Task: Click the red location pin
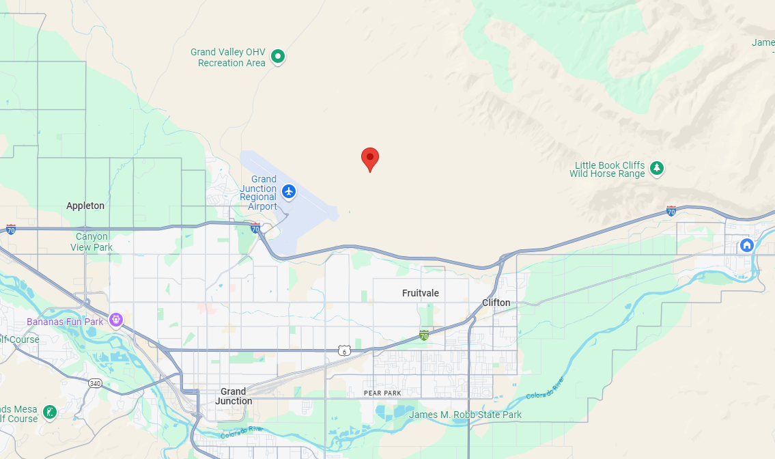(x=370, y=158)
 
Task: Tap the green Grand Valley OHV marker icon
(x=278, y=57)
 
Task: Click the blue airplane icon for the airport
(x=289, y=191)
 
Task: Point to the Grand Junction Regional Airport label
(x=258, y=193)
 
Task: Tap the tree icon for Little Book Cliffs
(x=657, y=167)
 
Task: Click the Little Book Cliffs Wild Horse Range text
(x=610, y=169)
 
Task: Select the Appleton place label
(x=85, y=206)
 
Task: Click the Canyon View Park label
(x=91, y=242)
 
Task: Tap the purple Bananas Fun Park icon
(x=115, y=319)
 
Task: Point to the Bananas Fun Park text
(x=65, y=322)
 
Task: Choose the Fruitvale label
(x=421, y=293)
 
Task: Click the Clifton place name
(x=496, y=303)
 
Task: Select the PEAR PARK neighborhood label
(x=382, y=393)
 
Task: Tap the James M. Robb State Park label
(x=465, y=415)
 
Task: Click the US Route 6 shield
(x=343, y=350)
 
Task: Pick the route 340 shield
(x=95, y=383)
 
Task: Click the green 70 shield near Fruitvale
(x=424, y=335)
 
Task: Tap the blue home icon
(x=747, y=244)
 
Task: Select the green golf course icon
(x=50, y=412)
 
